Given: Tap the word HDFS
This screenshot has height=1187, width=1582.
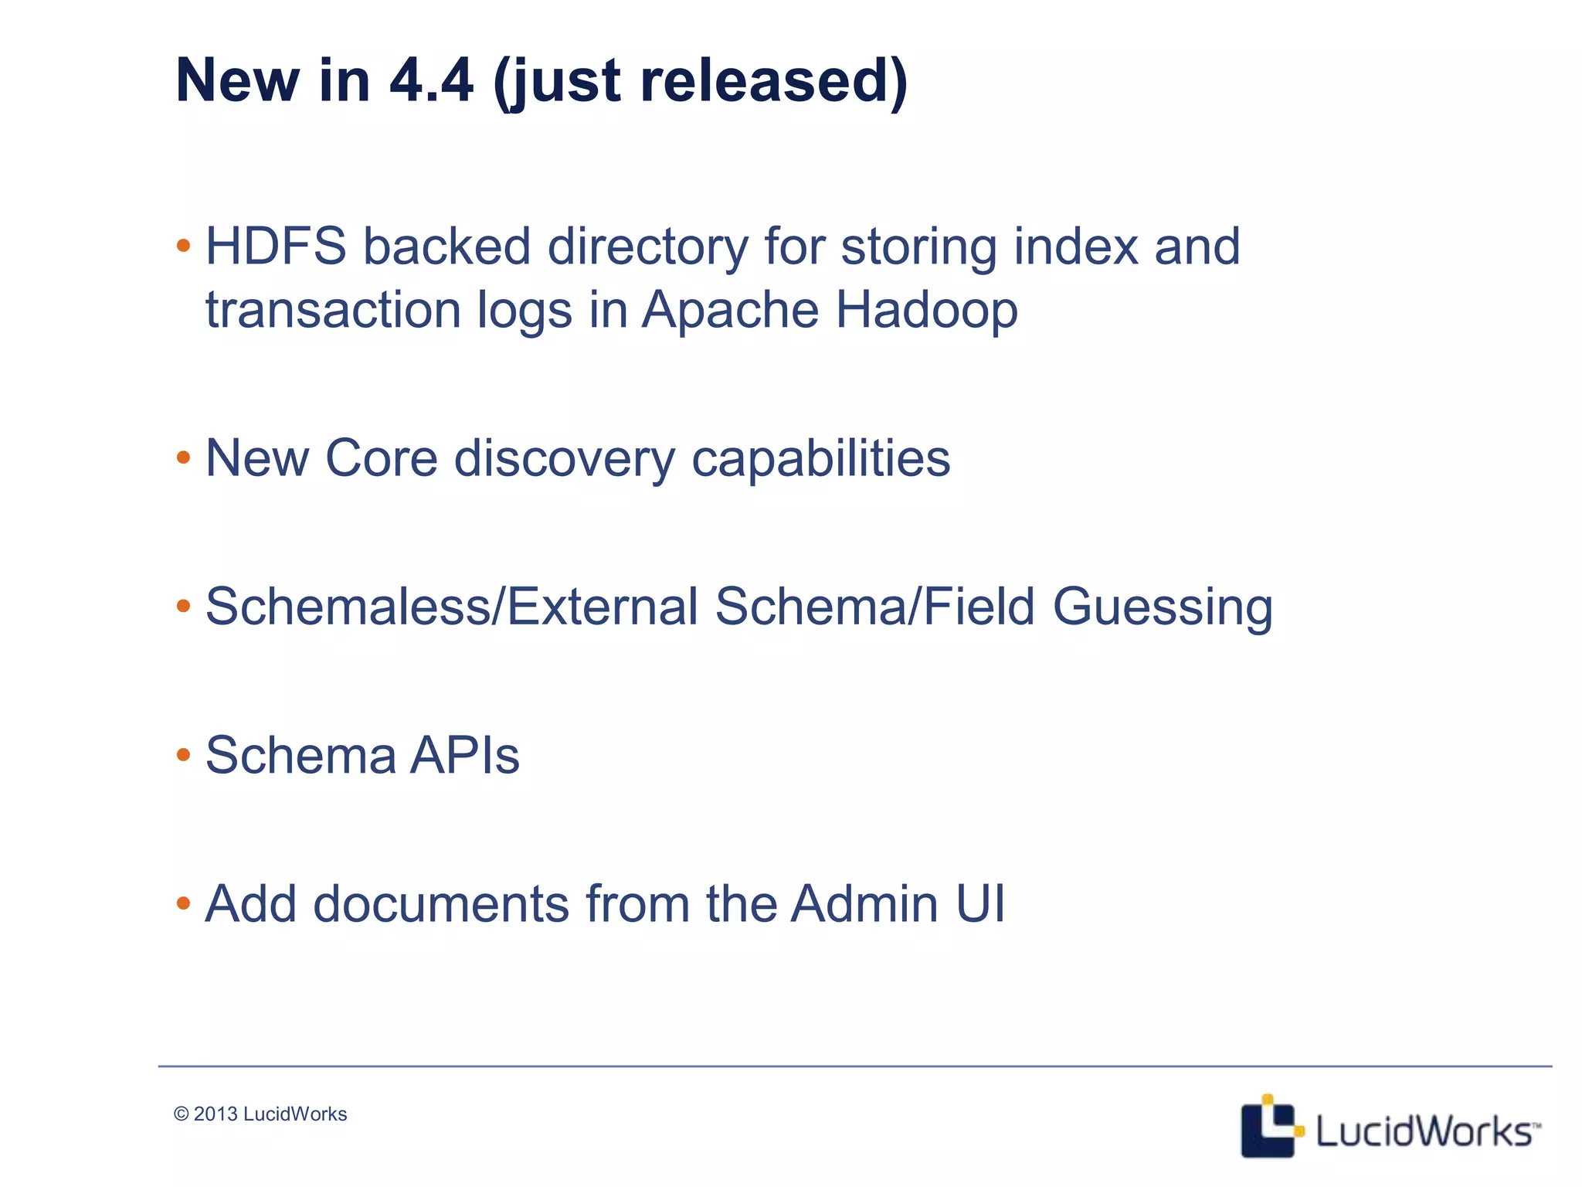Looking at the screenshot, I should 276,247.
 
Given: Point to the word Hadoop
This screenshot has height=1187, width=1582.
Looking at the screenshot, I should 926,310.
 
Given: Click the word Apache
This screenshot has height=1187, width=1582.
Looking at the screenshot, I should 730,310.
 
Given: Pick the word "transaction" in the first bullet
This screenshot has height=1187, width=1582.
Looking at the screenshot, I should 333,310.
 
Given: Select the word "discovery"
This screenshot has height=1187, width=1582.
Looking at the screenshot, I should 564,458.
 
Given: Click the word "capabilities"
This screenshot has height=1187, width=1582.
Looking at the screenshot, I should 820,458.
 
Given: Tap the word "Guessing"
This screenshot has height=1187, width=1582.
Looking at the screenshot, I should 1163,607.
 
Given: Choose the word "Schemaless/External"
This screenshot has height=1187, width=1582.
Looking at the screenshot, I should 452,606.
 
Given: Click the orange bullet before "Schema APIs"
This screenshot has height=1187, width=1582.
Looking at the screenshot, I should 183,754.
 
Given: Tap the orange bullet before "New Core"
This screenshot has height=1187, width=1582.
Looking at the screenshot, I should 183,457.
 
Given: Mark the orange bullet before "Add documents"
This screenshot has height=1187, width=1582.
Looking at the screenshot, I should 183,903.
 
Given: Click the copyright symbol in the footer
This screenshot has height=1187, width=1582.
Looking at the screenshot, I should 182,1114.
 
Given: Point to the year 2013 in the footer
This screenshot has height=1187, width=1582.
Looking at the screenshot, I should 216,1114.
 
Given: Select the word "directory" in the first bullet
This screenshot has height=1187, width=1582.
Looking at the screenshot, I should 648,247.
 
